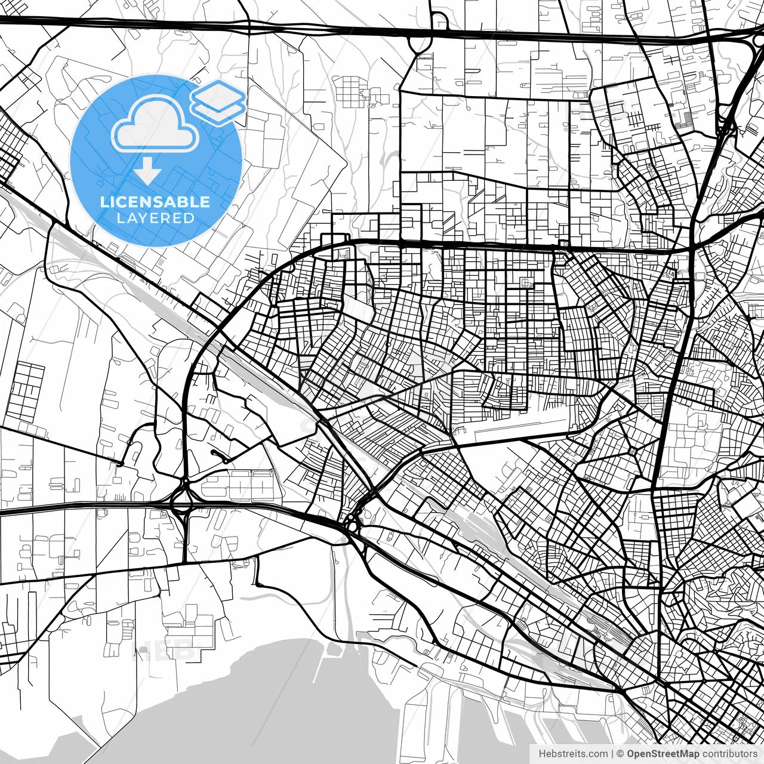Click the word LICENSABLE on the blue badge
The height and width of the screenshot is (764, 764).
click(x=155, y=202)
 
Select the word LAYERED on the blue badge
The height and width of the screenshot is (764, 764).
click(x=155, y=218)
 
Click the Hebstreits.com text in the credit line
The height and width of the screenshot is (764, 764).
click(x=573, y=754)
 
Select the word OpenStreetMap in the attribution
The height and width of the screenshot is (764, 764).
click(x=663, y=754)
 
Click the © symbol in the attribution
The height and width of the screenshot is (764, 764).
click(x=621, y=754)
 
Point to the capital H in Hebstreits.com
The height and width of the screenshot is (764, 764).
click(x=542, y=754)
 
